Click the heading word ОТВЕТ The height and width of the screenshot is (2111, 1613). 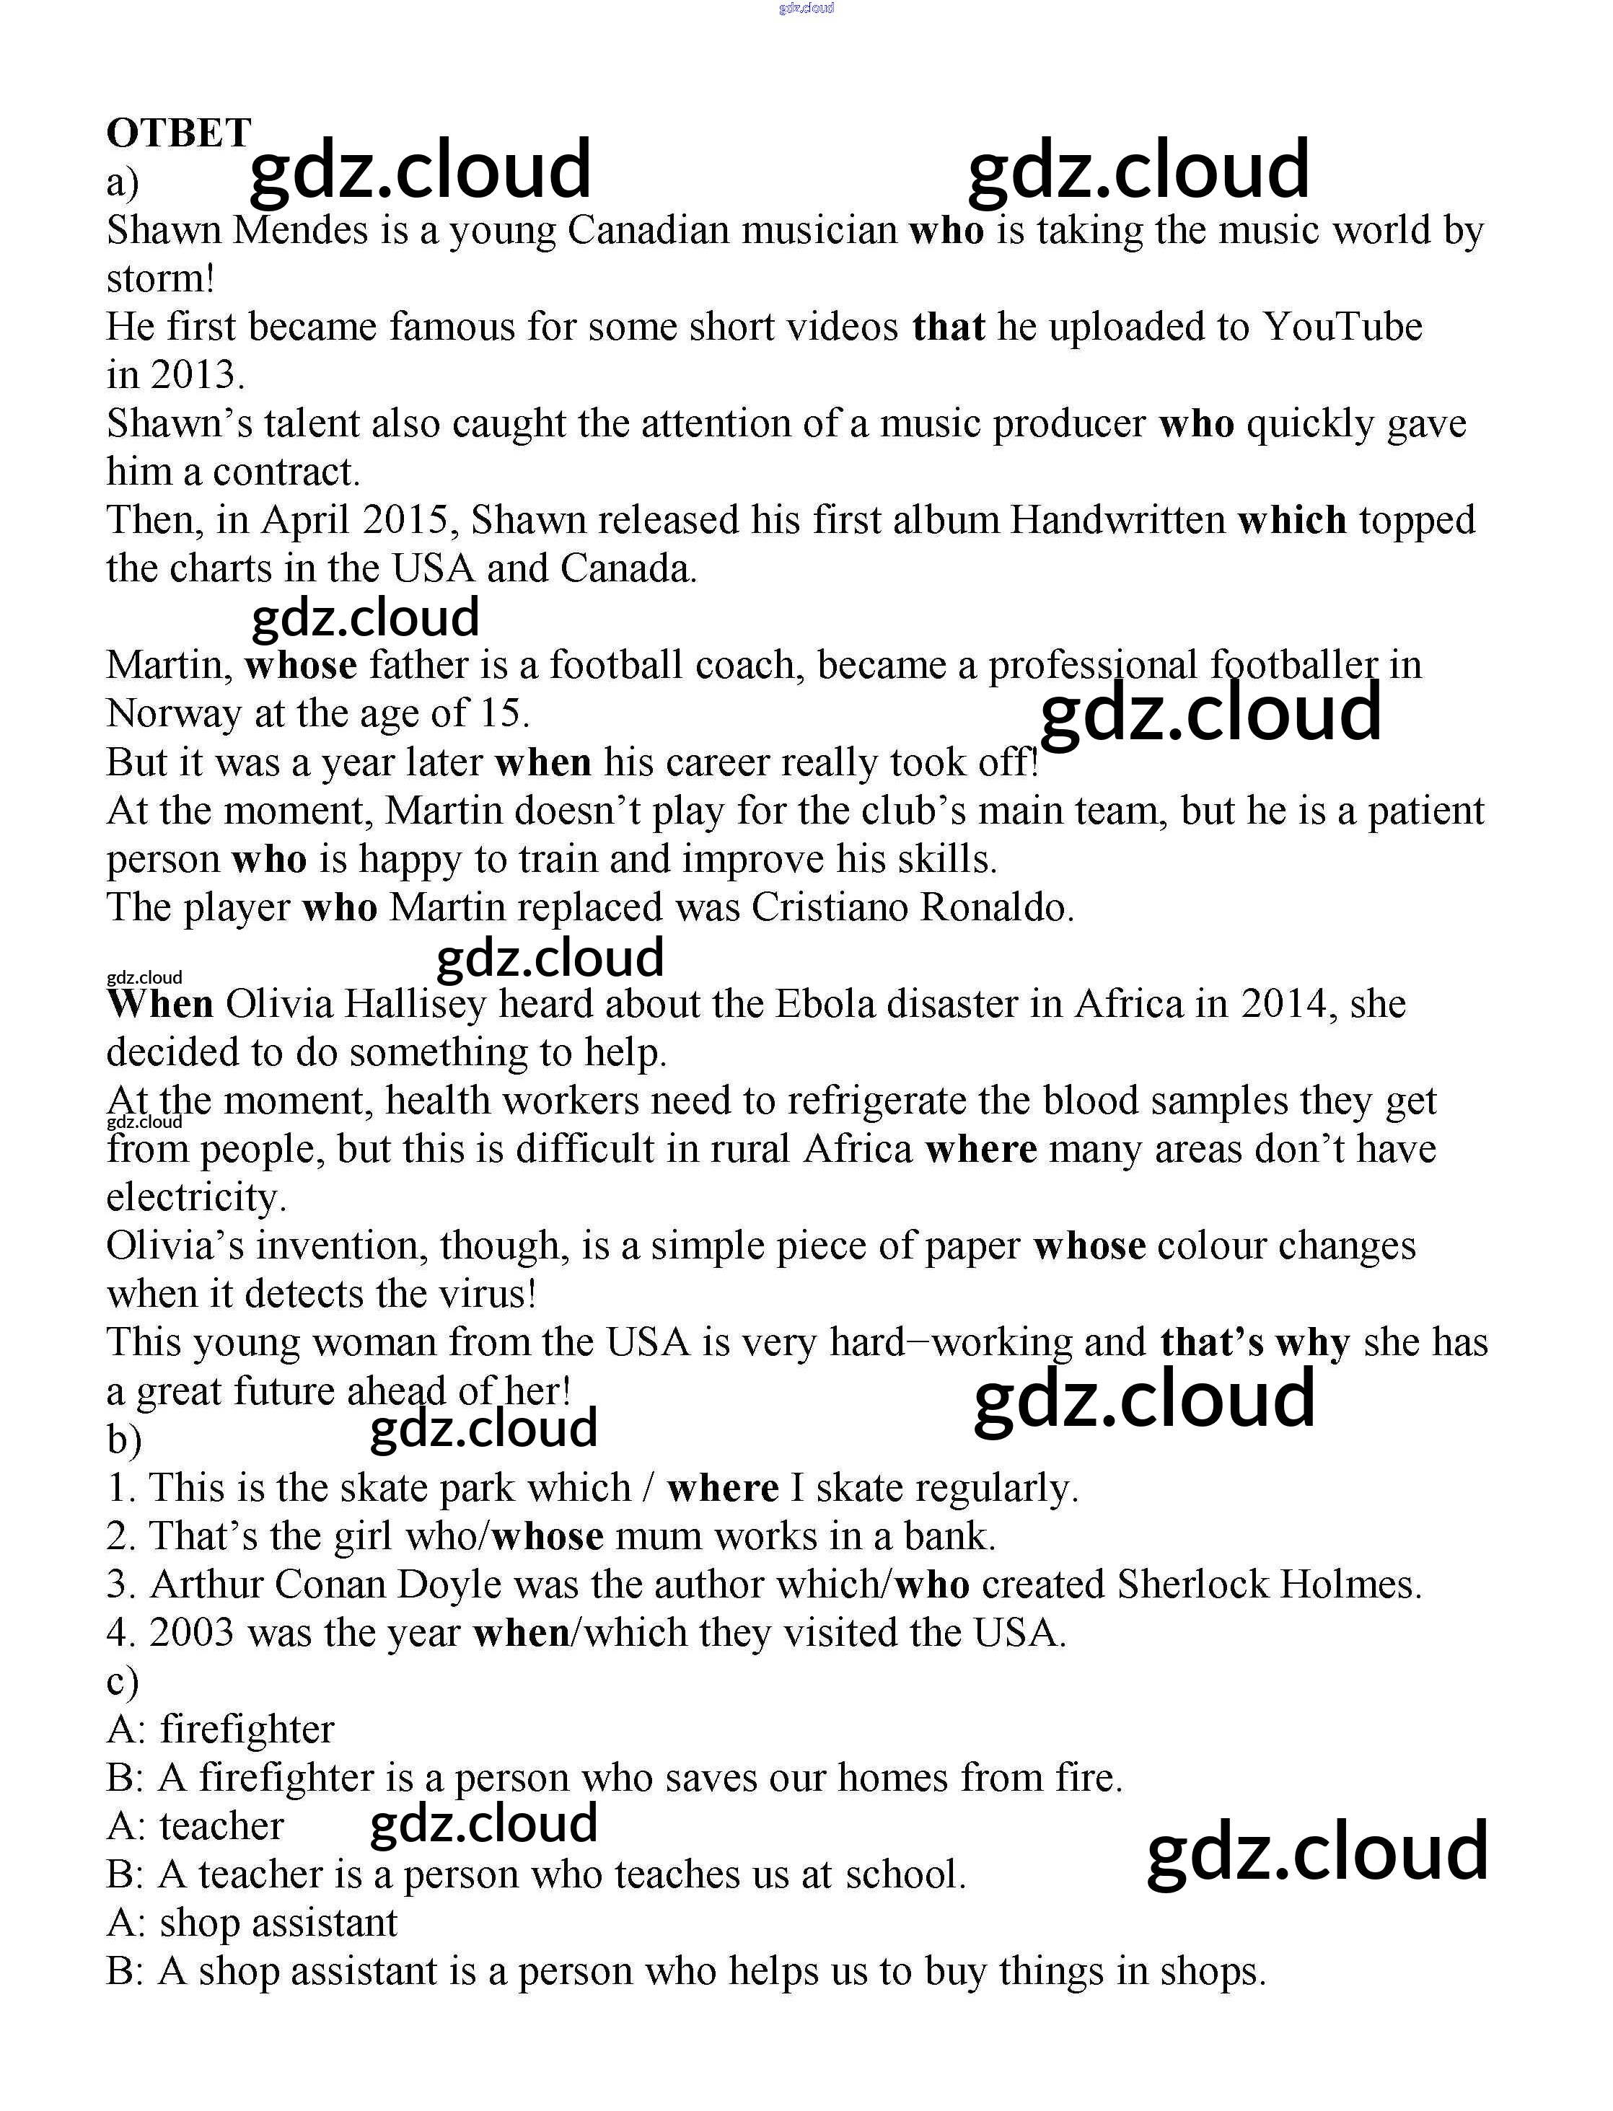179,133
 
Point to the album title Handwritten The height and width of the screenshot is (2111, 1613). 1117,520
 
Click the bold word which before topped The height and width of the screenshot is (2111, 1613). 1292,520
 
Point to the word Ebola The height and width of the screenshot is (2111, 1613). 825,1004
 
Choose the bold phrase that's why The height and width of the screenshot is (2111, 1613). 1254,1342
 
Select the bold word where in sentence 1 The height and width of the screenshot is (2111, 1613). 723,1488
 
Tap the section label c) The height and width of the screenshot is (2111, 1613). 123,1681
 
